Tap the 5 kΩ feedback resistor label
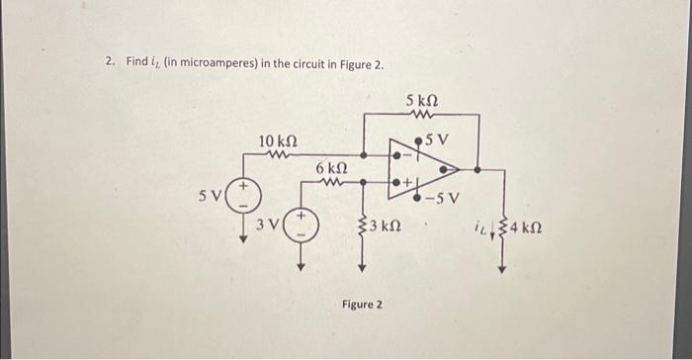point(422,101)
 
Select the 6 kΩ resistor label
point(332,170)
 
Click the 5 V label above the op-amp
point(437,137)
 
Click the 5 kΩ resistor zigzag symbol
point(422,114)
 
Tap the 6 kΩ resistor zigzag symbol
point(333,182)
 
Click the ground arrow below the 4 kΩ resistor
point(502,267)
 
